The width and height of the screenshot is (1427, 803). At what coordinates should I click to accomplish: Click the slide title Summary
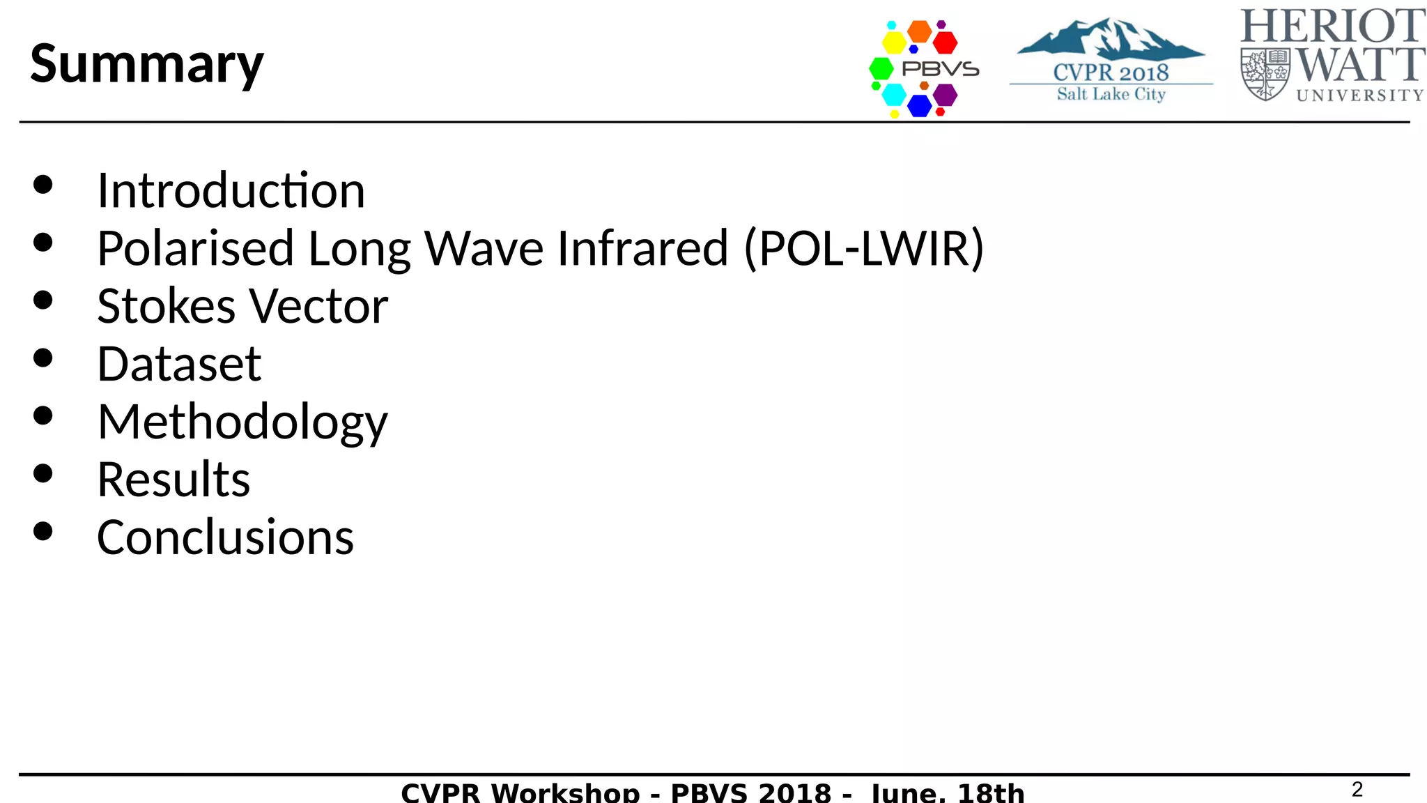147,64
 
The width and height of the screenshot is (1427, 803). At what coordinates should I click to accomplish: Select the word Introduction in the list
231,190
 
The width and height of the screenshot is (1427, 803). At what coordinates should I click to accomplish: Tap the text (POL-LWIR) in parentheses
864,248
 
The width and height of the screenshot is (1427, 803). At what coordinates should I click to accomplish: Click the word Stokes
167,306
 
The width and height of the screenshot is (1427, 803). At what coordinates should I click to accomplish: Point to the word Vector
318,306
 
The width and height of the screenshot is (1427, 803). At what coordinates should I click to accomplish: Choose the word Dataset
179,364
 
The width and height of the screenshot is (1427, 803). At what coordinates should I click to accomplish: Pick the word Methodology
242,422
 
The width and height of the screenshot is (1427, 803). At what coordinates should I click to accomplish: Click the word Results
173,480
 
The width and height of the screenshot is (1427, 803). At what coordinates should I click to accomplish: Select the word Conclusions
225,537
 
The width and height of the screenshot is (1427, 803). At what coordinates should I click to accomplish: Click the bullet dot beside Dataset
43,358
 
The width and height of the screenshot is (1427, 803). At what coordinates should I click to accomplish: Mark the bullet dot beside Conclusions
43,532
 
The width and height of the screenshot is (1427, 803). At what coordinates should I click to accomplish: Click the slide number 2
1357,789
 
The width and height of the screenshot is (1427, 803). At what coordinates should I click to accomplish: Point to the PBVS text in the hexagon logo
940,69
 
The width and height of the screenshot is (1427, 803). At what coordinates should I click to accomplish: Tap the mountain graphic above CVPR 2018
1111,39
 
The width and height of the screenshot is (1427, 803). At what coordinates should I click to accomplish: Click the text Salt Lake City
1111,94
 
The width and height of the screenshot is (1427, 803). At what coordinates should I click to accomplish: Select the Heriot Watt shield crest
1265,74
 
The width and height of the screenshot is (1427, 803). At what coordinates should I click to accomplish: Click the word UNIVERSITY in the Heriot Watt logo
1359,95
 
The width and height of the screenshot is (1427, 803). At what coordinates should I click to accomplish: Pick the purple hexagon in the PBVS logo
945,94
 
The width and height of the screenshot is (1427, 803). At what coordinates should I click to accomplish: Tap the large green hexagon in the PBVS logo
881,68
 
